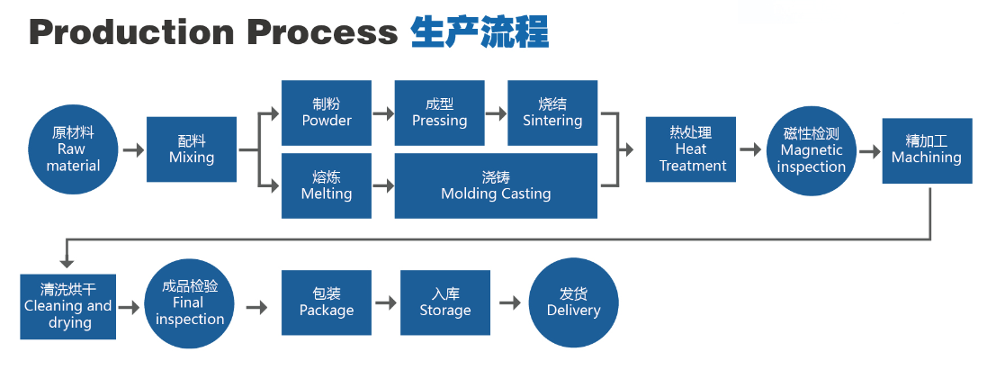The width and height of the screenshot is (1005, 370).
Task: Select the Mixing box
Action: tap(192, 149)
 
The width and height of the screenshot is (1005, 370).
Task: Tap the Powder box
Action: tap(327, 113)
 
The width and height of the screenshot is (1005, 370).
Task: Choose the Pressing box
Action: tap(439, 113)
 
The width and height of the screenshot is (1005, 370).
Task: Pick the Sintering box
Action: tap(552, 113)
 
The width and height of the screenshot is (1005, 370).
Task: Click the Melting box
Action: tap(327, 185)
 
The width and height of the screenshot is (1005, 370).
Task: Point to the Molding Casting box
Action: tap(496, 185)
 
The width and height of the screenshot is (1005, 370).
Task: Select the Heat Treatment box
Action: tap(692, 149)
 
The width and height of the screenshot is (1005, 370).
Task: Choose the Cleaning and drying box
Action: tap(68, 306)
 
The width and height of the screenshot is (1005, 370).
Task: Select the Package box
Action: tap(327, 302)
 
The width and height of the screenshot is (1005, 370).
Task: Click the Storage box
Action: tap(445, 302)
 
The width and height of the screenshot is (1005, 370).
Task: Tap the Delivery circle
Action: tap(573, 302)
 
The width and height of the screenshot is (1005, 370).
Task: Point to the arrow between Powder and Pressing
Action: tap(383, 113)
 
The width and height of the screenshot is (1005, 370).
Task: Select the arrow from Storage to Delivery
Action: tap(510, 303)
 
